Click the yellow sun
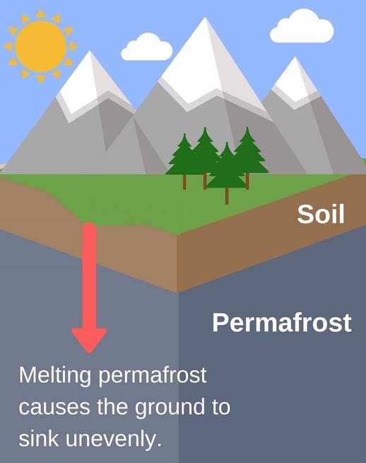[40, 44]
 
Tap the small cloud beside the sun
[147, 48]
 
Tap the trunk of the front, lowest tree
[227, 195]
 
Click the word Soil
[321, 214]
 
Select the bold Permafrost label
[281, 323]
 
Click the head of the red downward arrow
[90, 339]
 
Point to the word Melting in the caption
[55, 375]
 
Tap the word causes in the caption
[52, 407]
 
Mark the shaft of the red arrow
[90, 276]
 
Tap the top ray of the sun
[40, 13]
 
